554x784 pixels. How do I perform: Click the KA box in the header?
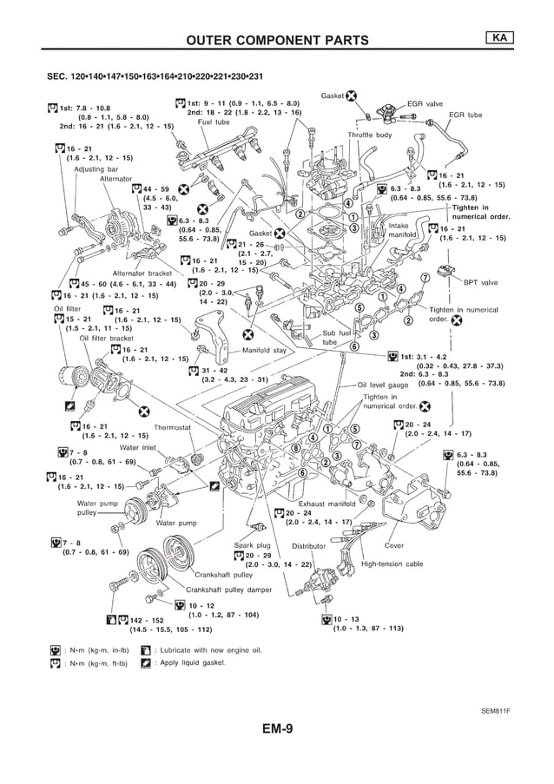pos(499,37)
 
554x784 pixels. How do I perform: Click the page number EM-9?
pos(276,729)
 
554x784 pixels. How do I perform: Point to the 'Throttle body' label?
pos(370,135)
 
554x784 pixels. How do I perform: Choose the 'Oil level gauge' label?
pos(383,385)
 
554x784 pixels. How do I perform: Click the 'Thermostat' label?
pos(172,428)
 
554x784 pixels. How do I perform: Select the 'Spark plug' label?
pos(253,545)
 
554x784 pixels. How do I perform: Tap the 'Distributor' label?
pos(308,546)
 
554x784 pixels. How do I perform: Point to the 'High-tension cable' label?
pos(392,563)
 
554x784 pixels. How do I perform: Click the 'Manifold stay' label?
pos(263,351)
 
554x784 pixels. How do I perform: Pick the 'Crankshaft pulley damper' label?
pos(228,590)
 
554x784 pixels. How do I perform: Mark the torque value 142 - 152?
pos(146,620)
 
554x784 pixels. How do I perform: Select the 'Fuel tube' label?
pos(214,122)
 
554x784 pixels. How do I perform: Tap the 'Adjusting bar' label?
pos(95,169)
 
